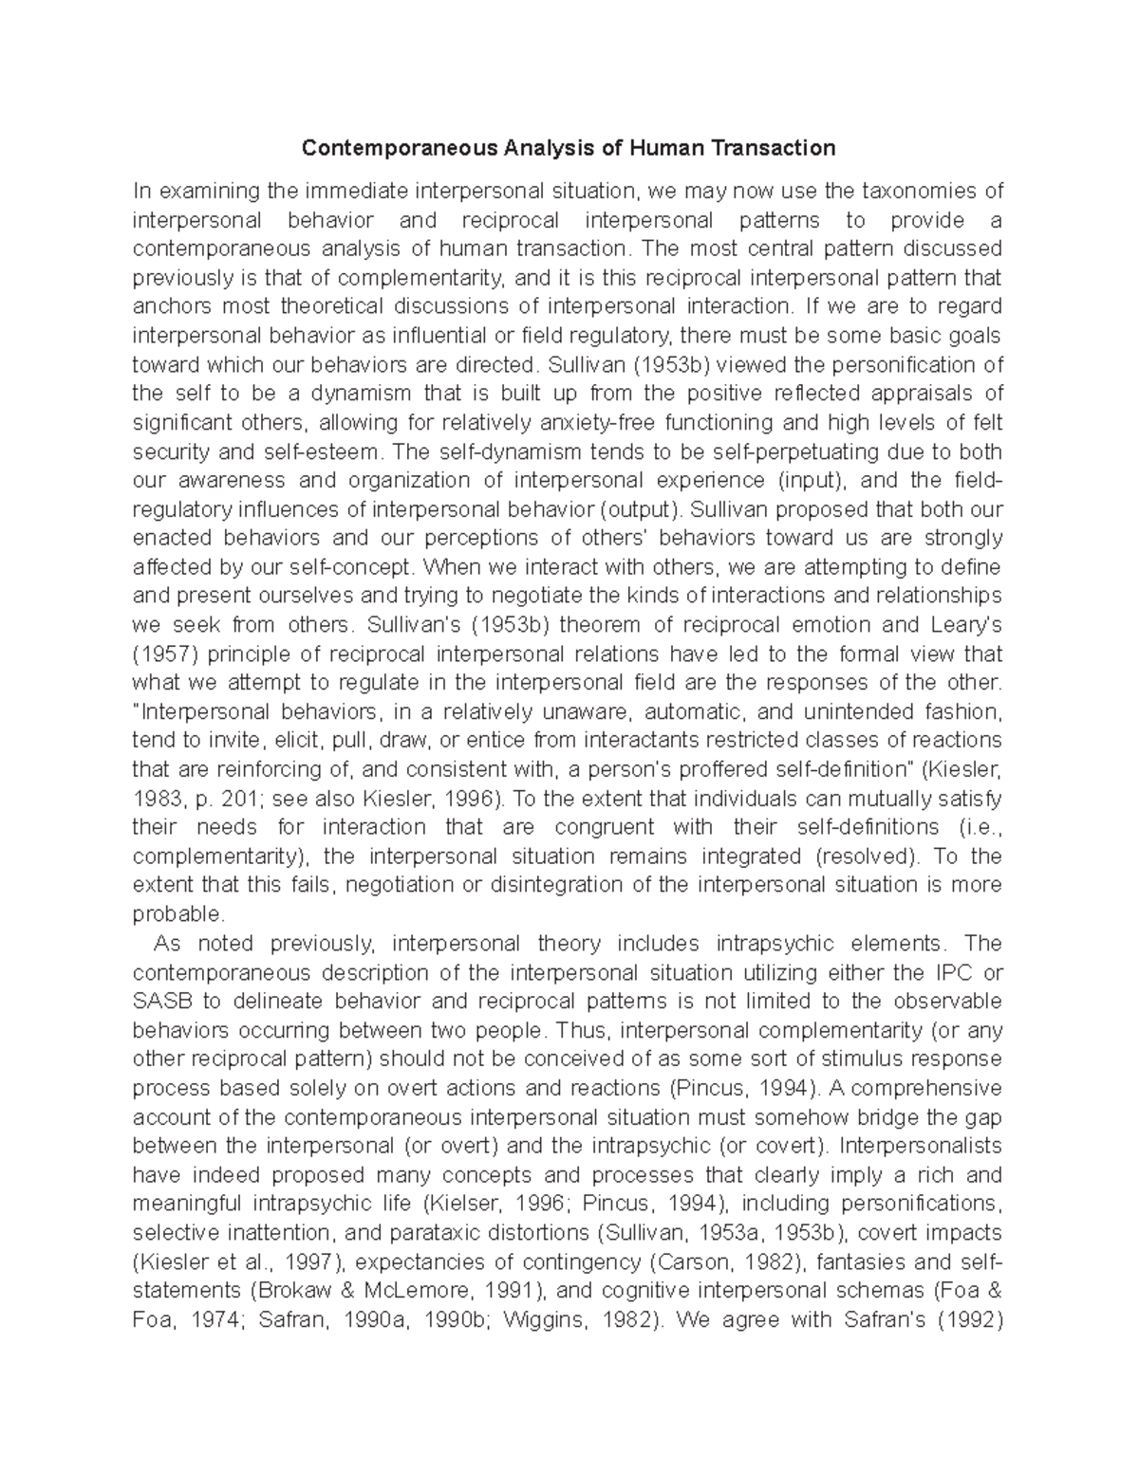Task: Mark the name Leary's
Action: [x=970, y=625]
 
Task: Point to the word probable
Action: [x=178, y=914]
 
